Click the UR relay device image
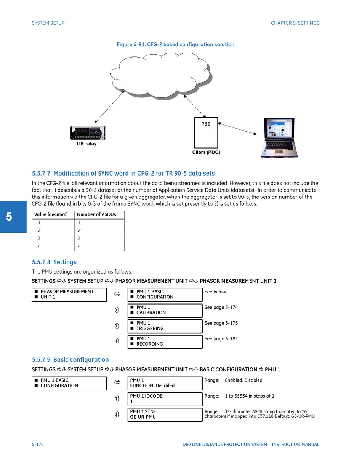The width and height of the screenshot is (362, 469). click(88, 133)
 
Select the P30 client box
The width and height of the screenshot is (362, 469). click(206, 133)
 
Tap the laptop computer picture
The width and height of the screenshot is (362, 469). click(279, 137)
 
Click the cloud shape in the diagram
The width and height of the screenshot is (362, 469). click(160, 75)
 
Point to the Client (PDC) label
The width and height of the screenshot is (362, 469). click(206, 152)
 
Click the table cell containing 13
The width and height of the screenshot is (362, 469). click(53, 239)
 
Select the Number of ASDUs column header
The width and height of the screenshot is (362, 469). click(99, 214)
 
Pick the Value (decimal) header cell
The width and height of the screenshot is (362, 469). click(53, 214)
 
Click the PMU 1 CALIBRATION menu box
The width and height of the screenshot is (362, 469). click(165, 310)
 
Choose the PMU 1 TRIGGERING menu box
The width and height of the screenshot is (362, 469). click(165, 326)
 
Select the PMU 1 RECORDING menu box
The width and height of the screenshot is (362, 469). click(165, 342)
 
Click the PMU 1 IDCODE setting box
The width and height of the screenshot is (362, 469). click(165, 399)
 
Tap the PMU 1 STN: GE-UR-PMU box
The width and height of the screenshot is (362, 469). click(165, 414)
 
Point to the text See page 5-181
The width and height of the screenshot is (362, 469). click(221, 339)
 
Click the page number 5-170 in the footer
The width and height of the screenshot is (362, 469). click(38, 445)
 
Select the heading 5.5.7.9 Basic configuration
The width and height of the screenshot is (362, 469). click(70, 360)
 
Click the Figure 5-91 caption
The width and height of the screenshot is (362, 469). click(175, 45)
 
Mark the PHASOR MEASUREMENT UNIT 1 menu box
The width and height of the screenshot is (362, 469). click(69, 295)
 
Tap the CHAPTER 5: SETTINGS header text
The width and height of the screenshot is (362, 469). click(295, 23)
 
